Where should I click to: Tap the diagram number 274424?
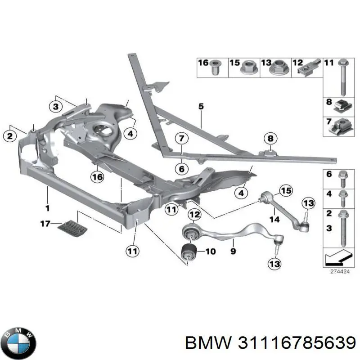[337, 272]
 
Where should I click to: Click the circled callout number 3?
[55, 107]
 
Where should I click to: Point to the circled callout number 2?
[9, 135]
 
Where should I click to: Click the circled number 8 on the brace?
[270, 138]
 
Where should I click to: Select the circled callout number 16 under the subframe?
[97, 177]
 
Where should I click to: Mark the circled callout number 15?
[286, 191]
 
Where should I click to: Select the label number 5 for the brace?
[201, 107]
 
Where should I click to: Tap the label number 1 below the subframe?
[47, 208]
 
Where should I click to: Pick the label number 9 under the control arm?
[233, 252]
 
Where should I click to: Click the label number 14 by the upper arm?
[274, 219]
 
